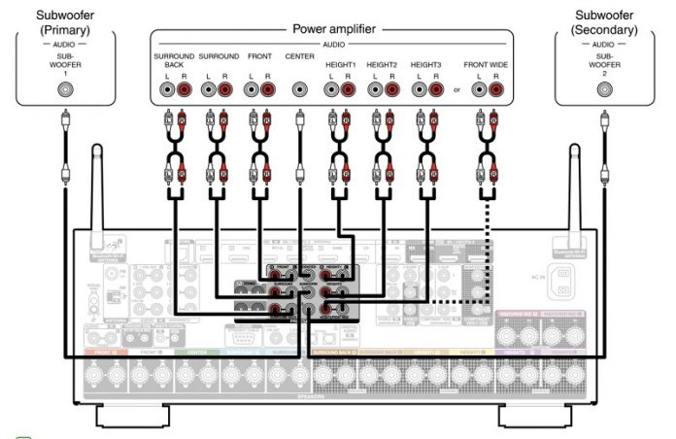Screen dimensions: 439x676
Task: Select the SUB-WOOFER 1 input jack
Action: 65,90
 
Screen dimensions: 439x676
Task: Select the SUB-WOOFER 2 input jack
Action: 604,90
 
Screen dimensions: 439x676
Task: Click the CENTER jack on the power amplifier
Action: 299,90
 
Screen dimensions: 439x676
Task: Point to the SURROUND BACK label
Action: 173,61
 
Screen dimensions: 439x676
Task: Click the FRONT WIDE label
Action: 487,57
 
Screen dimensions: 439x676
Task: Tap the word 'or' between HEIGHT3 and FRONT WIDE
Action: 455,91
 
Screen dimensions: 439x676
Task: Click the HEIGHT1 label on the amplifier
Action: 341,57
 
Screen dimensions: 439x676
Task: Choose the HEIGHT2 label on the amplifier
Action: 383,57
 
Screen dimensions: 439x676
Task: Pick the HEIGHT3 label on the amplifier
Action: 426,57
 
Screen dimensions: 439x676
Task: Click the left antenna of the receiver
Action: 96,189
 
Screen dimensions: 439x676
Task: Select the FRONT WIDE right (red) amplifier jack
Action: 496,90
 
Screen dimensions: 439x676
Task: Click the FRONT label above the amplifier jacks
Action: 258,57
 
